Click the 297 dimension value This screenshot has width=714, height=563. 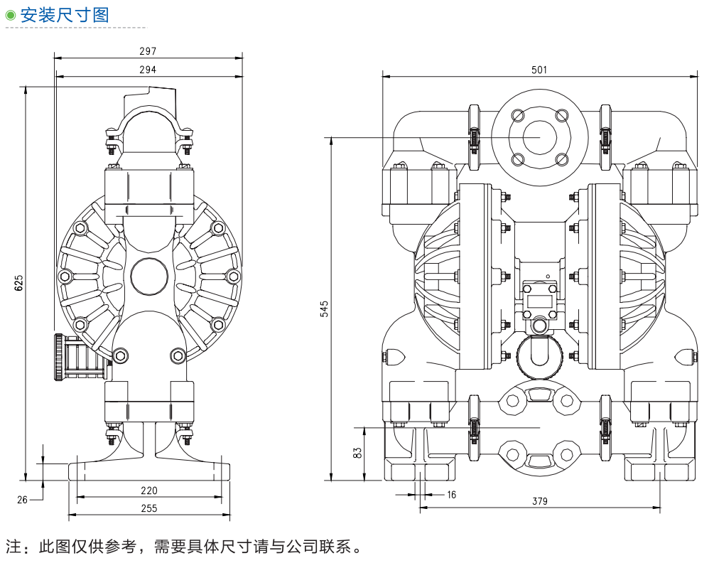[147, 51]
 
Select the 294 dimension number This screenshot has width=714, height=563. [147, 70]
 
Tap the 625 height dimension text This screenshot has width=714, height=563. [19, 283]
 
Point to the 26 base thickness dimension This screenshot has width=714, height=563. [22, 500]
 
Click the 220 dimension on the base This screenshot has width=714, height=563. [148, 490]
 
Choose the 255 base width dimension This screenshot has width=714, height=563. [148, 508]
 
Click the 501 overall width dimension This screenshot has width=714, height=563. [539, 70]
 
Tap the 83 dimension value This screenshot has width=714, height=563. [358, 452]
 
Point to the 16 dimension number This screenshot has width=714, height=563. [451, 494]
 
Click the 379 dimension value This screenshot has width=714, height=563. [539, 501]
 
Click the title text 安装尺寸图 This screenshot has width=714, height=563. [64, 15]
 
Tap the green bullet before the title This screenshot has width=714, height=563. [10, 15]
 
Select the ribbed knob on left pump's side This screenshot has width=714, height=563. [60, 357]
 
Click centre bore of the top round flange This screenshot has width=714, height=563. [539, 137]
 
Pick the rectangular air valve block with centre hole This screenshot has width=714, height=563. [539, 301]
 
